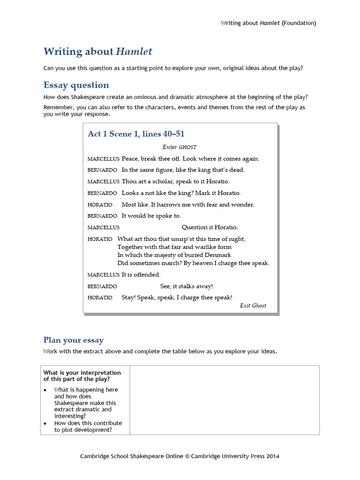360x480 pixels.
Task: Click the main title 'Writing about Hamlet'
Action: tap(97, 52)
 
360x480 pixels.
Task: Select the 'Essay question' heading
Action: tap(76, 85)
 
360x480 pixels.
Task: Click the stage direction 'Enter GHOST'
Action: tap(180, 147)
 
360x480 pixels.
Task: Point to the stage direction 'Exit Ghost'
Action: tap(253, 306)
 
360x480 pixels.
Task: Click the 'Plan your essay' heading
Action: tap(74, 340)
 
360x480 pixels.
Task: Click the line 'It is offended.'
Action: tap(141, 275)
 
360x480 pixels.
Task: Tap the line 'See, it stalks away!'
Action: tap(187, 286)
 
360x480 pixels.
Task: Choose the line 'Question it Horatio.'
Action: tap(210, 227)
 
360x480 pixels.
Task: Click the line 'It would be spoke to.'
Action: tap(151, 216)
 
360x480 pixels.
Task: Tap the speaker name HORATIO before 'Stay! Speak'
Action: tap(100, 298)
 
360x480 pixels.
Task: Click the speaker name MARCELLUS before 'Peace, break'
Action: tap(103, 159)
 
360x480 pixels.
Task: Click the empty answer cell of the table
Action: tap(224, 400)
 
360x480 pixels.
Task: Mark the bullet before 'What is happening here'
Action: tap(45, 390)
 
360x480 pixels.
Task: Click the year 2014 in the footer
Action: tap(272, 456)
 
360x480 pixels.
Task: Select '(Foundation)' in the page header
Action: tap(299, 23)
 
